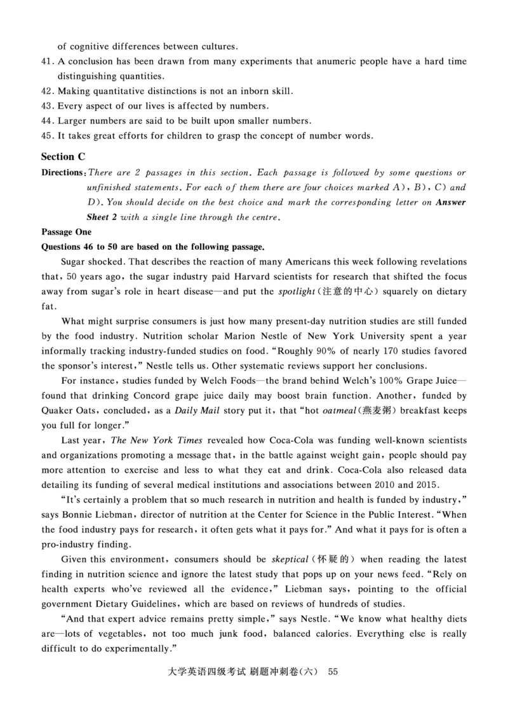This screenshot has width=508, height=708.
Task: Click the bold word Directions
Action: tap(62, 173)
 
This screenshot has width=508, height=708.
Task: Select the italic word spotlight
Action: tap(296, 292)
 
